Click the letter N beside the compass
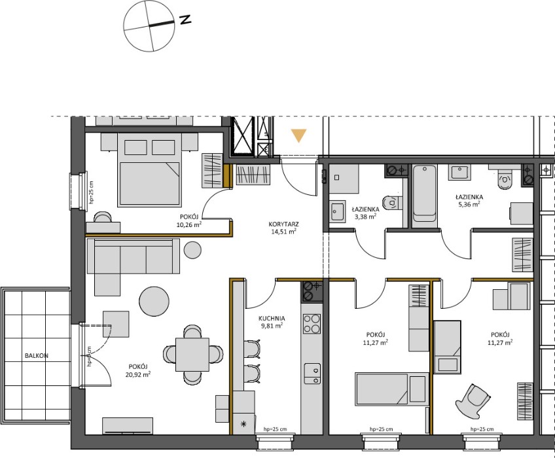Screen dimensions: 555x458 [185, 20]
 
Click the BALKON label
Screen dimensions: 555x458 [37, 356]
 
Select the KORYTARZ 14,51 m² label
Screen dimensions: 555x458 [283, 228]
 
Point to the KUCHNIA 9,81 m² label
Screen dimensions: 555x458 [272, 322]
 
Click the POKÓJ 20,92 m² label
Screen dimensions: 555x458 [138, 370]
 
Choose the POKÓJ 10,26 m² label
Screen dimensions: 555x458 [190, 220]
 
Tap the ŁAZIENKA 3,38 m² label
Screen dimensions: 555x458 [366, 213]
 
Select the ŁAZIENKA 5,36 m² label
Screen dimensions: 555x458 [469, 200]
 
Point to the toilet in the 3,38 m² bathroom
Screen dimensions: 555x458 [393, 202]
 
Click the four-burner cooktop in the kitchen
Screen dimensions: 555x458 [312, 324]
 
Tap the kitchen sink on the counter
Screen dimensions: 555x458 [312, 374]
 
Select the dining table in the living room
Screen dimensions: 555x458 [192, 354]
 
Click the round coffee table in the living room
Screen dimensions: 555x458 [154, 301]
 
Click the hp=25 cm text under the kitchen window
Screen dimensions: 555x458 [275, 429]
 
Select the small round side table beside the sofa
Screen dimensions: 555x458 [193, 249]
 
